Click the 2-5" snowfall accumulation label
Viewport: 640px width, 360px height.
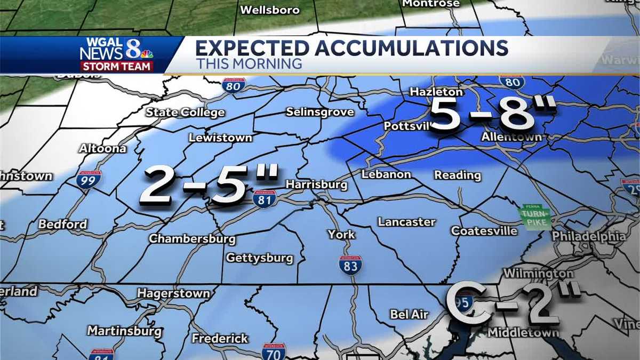tap(209, 186)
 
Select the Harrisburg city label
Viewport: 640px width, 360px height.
tap(316, 185)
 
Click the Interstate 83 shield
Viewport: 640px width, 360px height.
tap(350, 265)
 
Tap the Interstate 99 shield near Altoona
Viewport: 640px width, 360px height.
tap(89, 180)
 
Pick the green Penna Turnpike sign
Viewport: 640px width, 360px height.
tap(534, 217)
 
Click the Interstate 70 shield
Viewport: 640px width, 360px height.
tap(274, 352)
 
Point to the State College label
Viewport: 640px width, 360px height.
tap(185, 113)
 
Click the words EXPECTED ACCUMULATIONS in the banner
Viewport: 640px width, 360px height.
tap(351, 49)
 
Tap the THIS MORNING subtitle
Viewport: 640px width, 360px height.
tap(249, 64)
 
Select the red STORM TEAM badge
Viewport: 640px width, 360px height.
tap(117, 67)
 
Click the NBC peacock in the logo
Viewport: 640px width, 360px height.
tap(146, 53)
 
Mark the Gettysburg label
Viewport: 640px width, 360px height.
tap(260, 258)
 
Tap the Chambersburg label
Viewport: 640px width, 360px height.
tap(192, 238)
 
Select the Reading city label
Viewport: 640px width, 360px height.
tap(457, 175)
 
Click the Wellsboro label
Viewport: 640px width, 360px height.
tap(270, 10)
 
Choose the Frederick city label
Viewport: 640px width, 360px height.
tap(220, 339)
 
